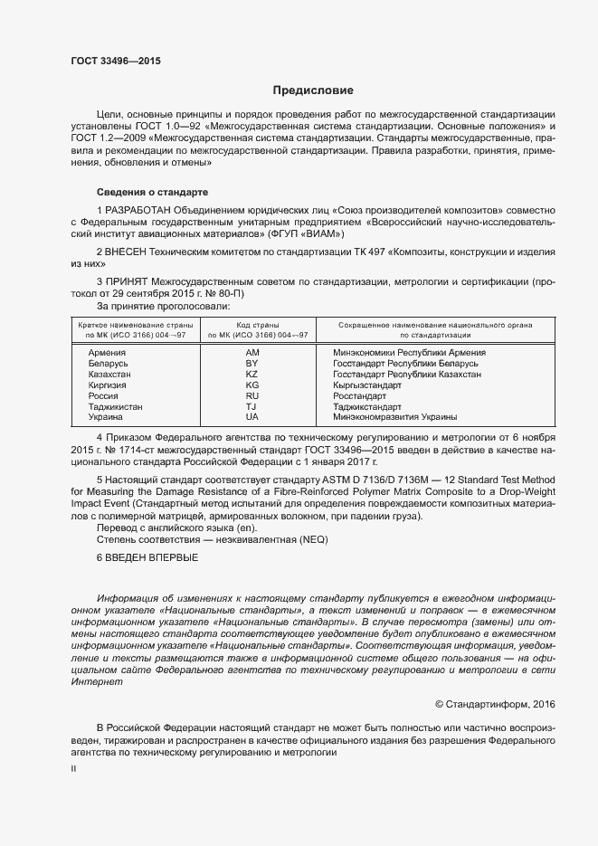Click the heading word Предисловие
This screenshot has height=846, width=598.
click(x=314, y=90)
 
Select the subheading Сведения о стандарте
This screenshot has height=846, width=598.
click(x=153, y=193)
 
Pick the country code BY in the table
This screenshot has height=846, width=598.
click(x=252, y=363)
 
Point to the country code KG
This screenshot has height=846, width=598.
click(x=252, y=385)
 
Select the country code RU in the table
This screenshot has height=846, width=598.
click(x=252, y=395)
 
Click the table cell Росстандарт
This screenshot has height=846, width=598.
click(x=359, y=395)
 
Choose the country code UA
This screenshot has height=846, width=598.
click(x=252, y=417)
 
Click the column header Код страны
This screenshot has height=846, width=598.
click(x=258, y=325)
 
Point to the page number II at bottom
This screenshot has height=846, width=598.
click(x=73, y=768)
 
